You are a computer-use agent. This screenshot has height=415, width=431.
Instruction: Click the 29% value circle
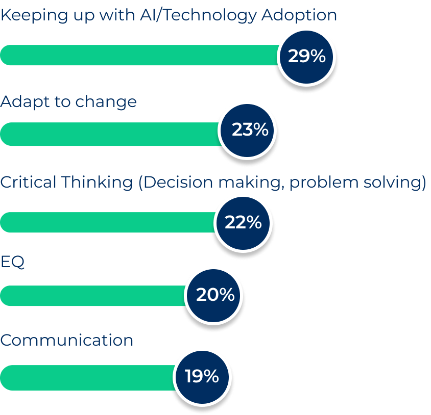pos(306,56)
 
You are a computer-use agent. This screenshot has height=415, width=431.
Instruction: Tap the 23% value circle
pos(250,130)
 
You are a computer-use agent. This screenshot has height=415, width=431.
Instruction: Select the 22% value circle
pos(243,222)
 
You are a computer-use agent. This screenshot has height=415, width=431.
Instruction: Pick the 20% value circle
pos(215,295)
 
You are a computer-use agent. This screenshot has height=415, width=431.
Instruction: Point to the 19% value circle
pos(202,376)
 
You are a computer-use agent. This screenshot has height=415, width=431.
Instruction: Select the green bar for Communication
pos(87,378)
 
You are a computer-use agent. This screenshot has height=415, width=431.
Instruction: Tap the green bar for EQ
pos(92,296)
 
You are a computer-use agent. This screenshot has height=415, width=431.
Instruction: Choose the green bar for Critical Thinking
pos(107,222)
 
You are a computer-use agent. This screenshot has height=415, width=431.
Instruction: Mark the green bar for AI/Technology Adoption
pos(138,55)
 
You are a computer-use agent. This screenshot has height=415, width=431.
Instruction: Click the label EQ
pos(12,263)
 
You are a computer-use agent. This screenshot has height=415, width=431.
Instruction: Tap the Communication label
pos(67,341)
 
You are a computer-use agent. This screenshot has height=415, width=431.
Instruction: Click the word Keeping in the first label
pos(33,15)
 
